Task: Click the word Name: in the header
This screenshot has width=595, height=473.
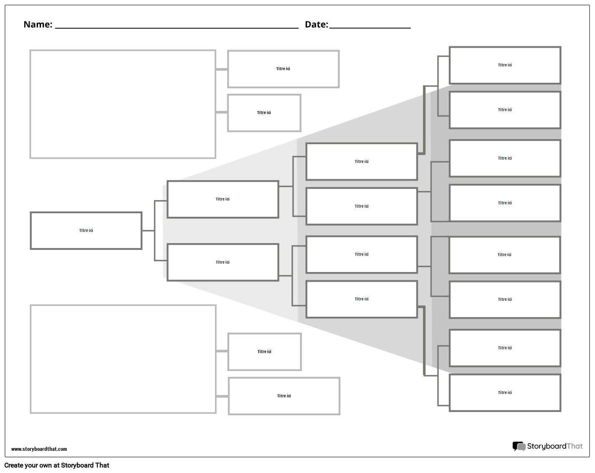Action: tap(38, 25)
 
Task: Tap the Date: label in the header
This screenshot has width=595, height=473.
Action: tap(316, 25)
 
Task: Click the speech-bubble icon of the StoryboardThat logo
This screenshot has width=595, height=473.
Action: tap(519, 447)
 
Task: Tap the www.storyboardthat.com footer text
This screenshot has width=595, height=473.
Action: tap(39, 449)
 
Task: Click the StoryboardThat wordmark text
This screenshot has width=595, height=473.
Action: tap(554, 446)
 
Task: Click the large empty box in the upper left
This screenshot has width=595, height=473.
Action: tap(123, 104)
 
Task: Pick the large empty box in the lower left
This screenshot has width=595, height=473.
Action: tap(123, 359)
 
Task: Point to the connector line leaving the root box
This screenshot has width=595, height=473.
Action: tap(148, 231)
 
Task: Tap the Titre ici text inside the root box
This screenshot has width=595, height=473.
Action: tap(86, 231)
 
